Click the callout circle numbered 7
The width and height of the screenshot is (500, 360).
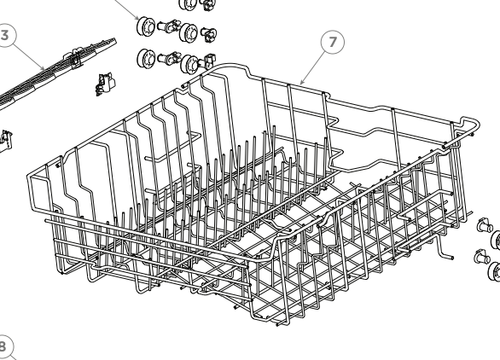tap(333, 44)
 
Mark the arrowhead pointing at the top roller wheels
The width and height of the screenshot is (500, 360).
tap(138, 18)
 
